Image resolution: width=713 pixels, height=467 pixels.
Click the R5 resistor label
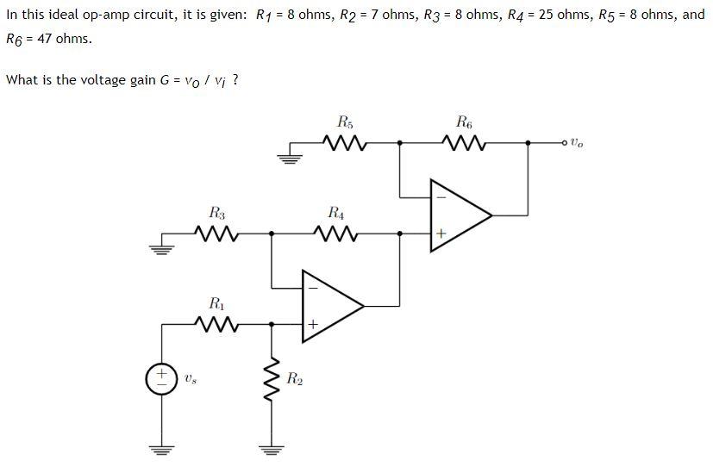coord(345,121)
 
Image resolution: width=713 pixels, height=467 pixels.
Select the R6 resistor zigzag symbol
coord(464,141)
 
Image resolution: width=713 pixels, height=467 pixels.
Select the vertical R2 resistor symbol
coord(272,379)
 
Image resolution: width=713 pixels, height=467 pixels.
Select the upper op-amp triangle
coord(457,214)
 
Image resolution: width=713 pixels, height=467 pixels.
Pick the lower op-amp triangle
coord(328,304)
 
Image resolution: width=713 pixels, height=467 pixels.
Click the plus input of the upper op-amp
coord(440,233)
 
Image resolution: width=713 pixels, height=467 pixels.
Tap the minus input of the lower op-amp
coord(312,287)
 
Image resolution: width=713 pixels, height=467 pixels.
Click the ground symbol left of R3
coord(159,249)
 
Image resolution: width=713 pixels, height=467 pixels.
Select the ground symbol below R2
coord(272,449)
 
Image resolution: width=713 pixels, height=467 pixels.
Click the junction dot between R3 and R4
coord(272,233)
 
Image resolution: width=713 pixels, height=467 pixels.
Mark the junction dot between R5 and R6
coord(399,142)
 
